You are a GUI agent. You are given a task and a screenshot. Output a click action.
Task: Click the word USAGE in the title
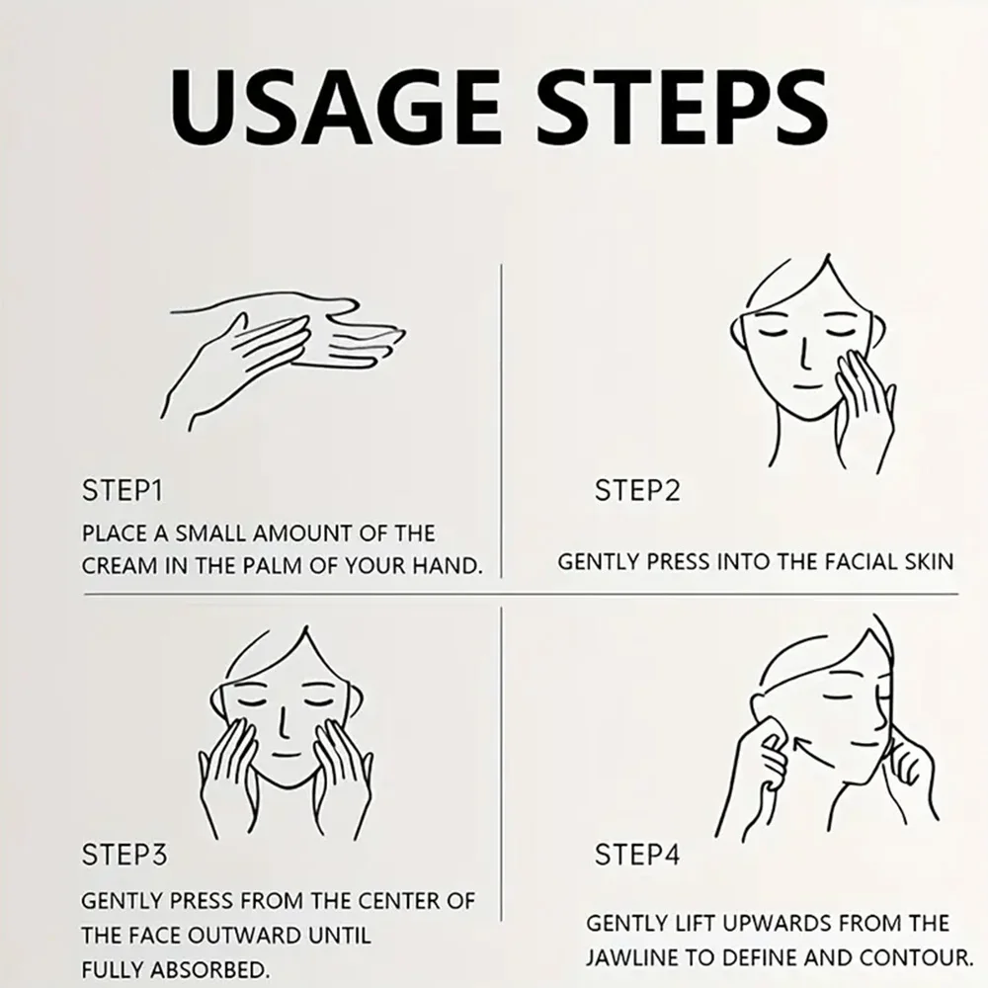[x=337, y=107]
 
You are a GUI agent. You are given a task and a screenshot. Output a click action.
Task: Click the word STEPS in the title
[x=683, y=107]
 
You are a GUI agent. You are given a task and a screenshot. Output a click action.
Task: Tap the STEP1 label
[x=123, y=491]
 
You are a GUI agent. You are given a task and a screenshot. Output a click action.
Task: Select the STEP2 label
[x=637, y=491]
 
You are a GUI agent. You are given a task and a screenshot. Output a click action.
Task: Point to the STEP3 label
[x=124, y=855]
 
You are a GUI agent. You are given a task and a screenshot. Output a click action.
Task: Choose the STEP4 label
[x=637, y=855]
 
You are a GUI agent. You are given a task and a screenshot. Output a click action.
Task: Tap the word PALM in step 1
[x=274, y=566]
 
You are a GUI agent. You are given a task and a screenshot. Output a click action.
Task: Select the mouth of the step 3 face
[x=288, y=754]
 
